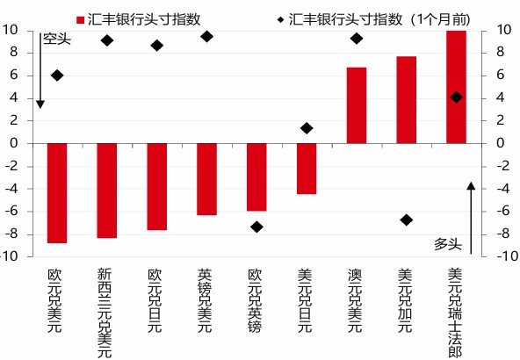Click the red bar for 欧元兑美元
[x=57, y=193]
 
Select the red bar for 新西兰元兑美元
[x=107, y=191]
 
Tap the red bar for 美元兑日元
[x=307, y=169]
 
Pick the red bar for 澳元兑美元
[x=357, y=105]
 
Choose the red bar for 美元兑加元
[x=406, y=100]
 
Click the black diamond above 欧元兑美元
[x=57, y=76]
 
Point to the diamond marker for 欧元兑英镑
[x=256, y=227]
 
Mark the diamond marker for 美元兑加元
[x=406, y=220]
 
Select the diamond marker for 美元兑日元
[x=307, y=128]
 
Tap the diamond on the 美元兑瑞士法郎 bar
[x=457, y=97]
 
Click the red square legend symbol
[x=80, y=20]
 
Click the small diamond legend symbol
[x=281, y=20]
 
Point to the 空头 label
[x=57, y=40]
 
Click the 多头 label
[x=448, y=244]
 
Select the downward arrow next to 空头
[x=40, y=70]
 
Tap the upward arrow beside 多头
[x=471, y=218]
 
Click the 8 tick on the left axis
[x=13, y=53]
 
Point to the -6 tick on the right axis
[x=503, y=211]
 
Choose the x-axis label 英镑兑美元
[x=205, y=300]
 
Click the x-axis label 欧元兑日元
[x=155, y=300]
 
